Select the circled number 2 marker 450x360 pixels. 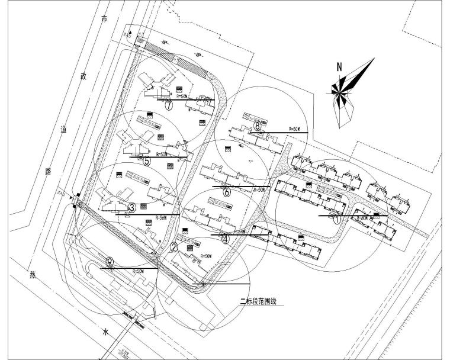[173, 247]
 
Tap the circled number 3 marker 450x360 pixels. [132, 207]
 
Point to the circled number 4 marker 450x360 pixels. [224, 239]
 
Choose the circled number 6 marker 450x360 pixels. [226, 191]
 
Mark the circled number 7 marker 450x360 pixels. [169, 106]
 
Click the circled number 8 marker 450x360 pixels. [258, 125]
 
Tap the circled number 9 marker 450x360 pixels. [110, 261]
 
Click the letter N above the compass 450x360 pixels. [339, 67]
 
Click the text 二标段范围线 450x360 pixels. [258, 301]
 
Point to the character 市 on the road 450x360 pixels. [105, 20]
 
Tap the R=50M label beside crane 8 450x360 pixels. [294, 128]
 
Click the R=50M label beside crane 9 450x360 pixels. [138, 271]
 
